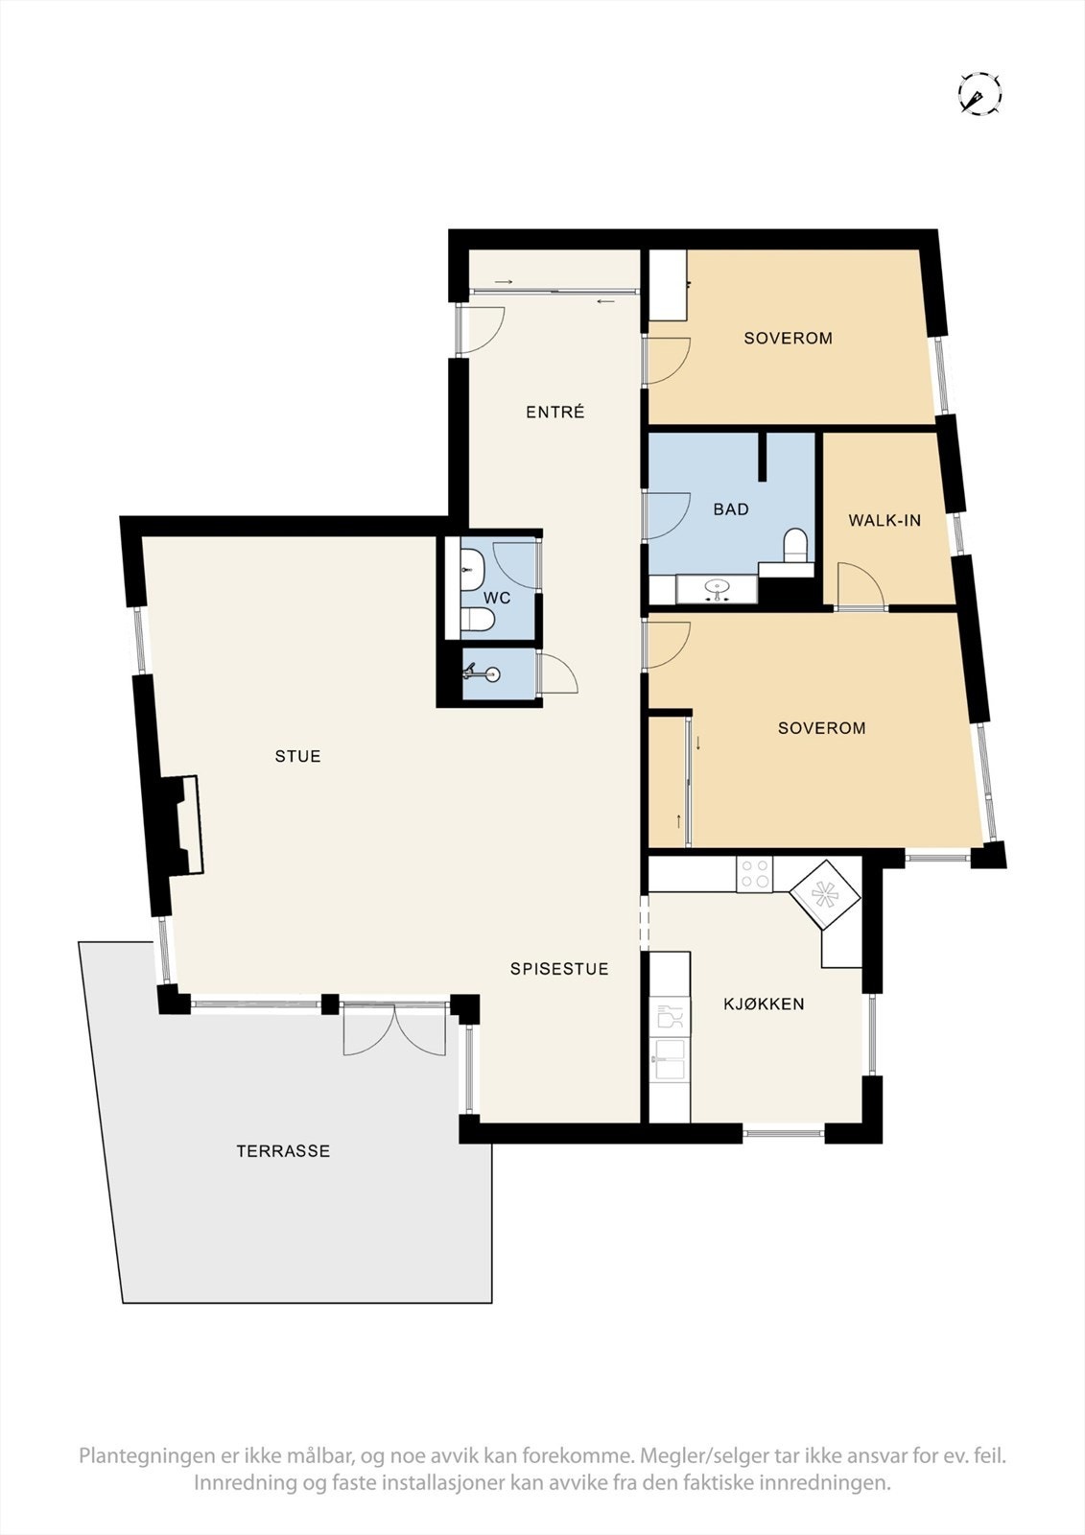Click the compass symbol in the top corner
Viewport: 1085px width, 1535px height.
[979, 94]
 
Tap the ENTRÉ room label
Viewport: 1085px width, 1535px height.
[554, 413]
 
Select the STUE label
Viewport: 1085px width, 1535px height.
[297, 756]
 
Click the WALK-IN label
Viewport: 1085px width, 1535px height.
[884, 521]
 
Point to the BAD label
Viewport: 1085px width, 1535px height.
[730, 509]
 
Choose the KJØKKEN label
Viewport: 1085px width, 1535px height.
[764, 1004]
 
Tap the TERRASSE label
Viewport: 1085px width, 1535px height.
[283, 1151]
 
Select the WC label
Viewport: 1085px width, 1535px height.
[497, 598]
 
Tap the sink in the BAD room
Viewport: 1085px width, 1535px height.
[716, 586]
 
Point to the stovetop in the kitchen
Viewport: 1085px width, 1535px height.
[754, 874]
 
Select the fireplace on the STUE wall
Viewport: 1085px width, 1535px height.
[182, 825]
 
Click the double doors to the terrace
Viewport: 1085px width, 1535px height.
[394, 1028]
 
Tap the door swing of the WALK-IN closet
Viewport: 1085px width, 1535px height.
[860, 586]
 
